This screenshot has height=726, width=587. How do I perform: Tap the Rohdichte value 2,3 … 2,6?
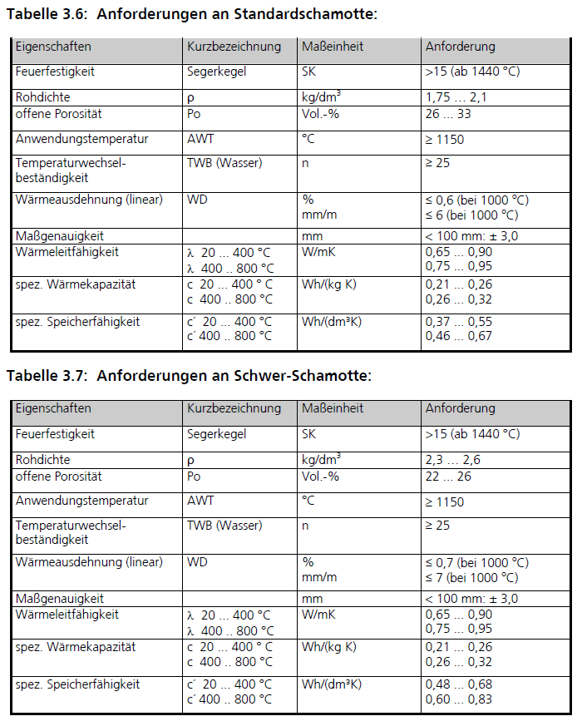(452, 460)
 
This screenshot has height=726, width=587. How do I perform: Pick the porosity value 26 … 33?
(448, 114)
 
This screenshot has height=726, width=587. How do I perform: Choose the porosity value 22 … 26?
(448, 477)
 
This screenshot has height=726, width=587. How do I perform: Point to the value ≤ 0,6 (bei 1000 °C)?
(476, 200)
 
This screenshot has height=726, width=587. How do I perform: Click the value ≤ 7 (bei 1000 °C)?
(471, 578)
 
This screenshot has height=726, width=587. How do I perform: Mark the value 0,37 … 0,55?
(458, 321)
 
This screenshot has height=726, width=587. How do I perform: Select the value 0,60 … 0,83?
(458, 699)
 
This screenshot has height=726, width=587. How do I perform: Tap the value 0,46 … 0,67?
(458, 336)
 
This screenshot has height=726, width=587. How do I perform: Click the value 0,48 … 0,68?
(458, 684)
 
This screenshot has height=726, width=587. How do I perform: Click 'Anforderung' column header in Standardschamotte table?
(460, 47)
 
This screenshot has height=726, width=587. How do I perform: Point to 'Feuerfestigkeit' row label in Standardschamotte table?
(55, 72)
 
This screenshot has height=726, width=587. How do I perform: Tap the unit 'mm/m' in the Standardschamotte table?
(319, 215)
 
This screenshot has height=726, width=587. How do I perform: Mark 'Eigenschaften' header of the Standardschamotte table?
(53, 47)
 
